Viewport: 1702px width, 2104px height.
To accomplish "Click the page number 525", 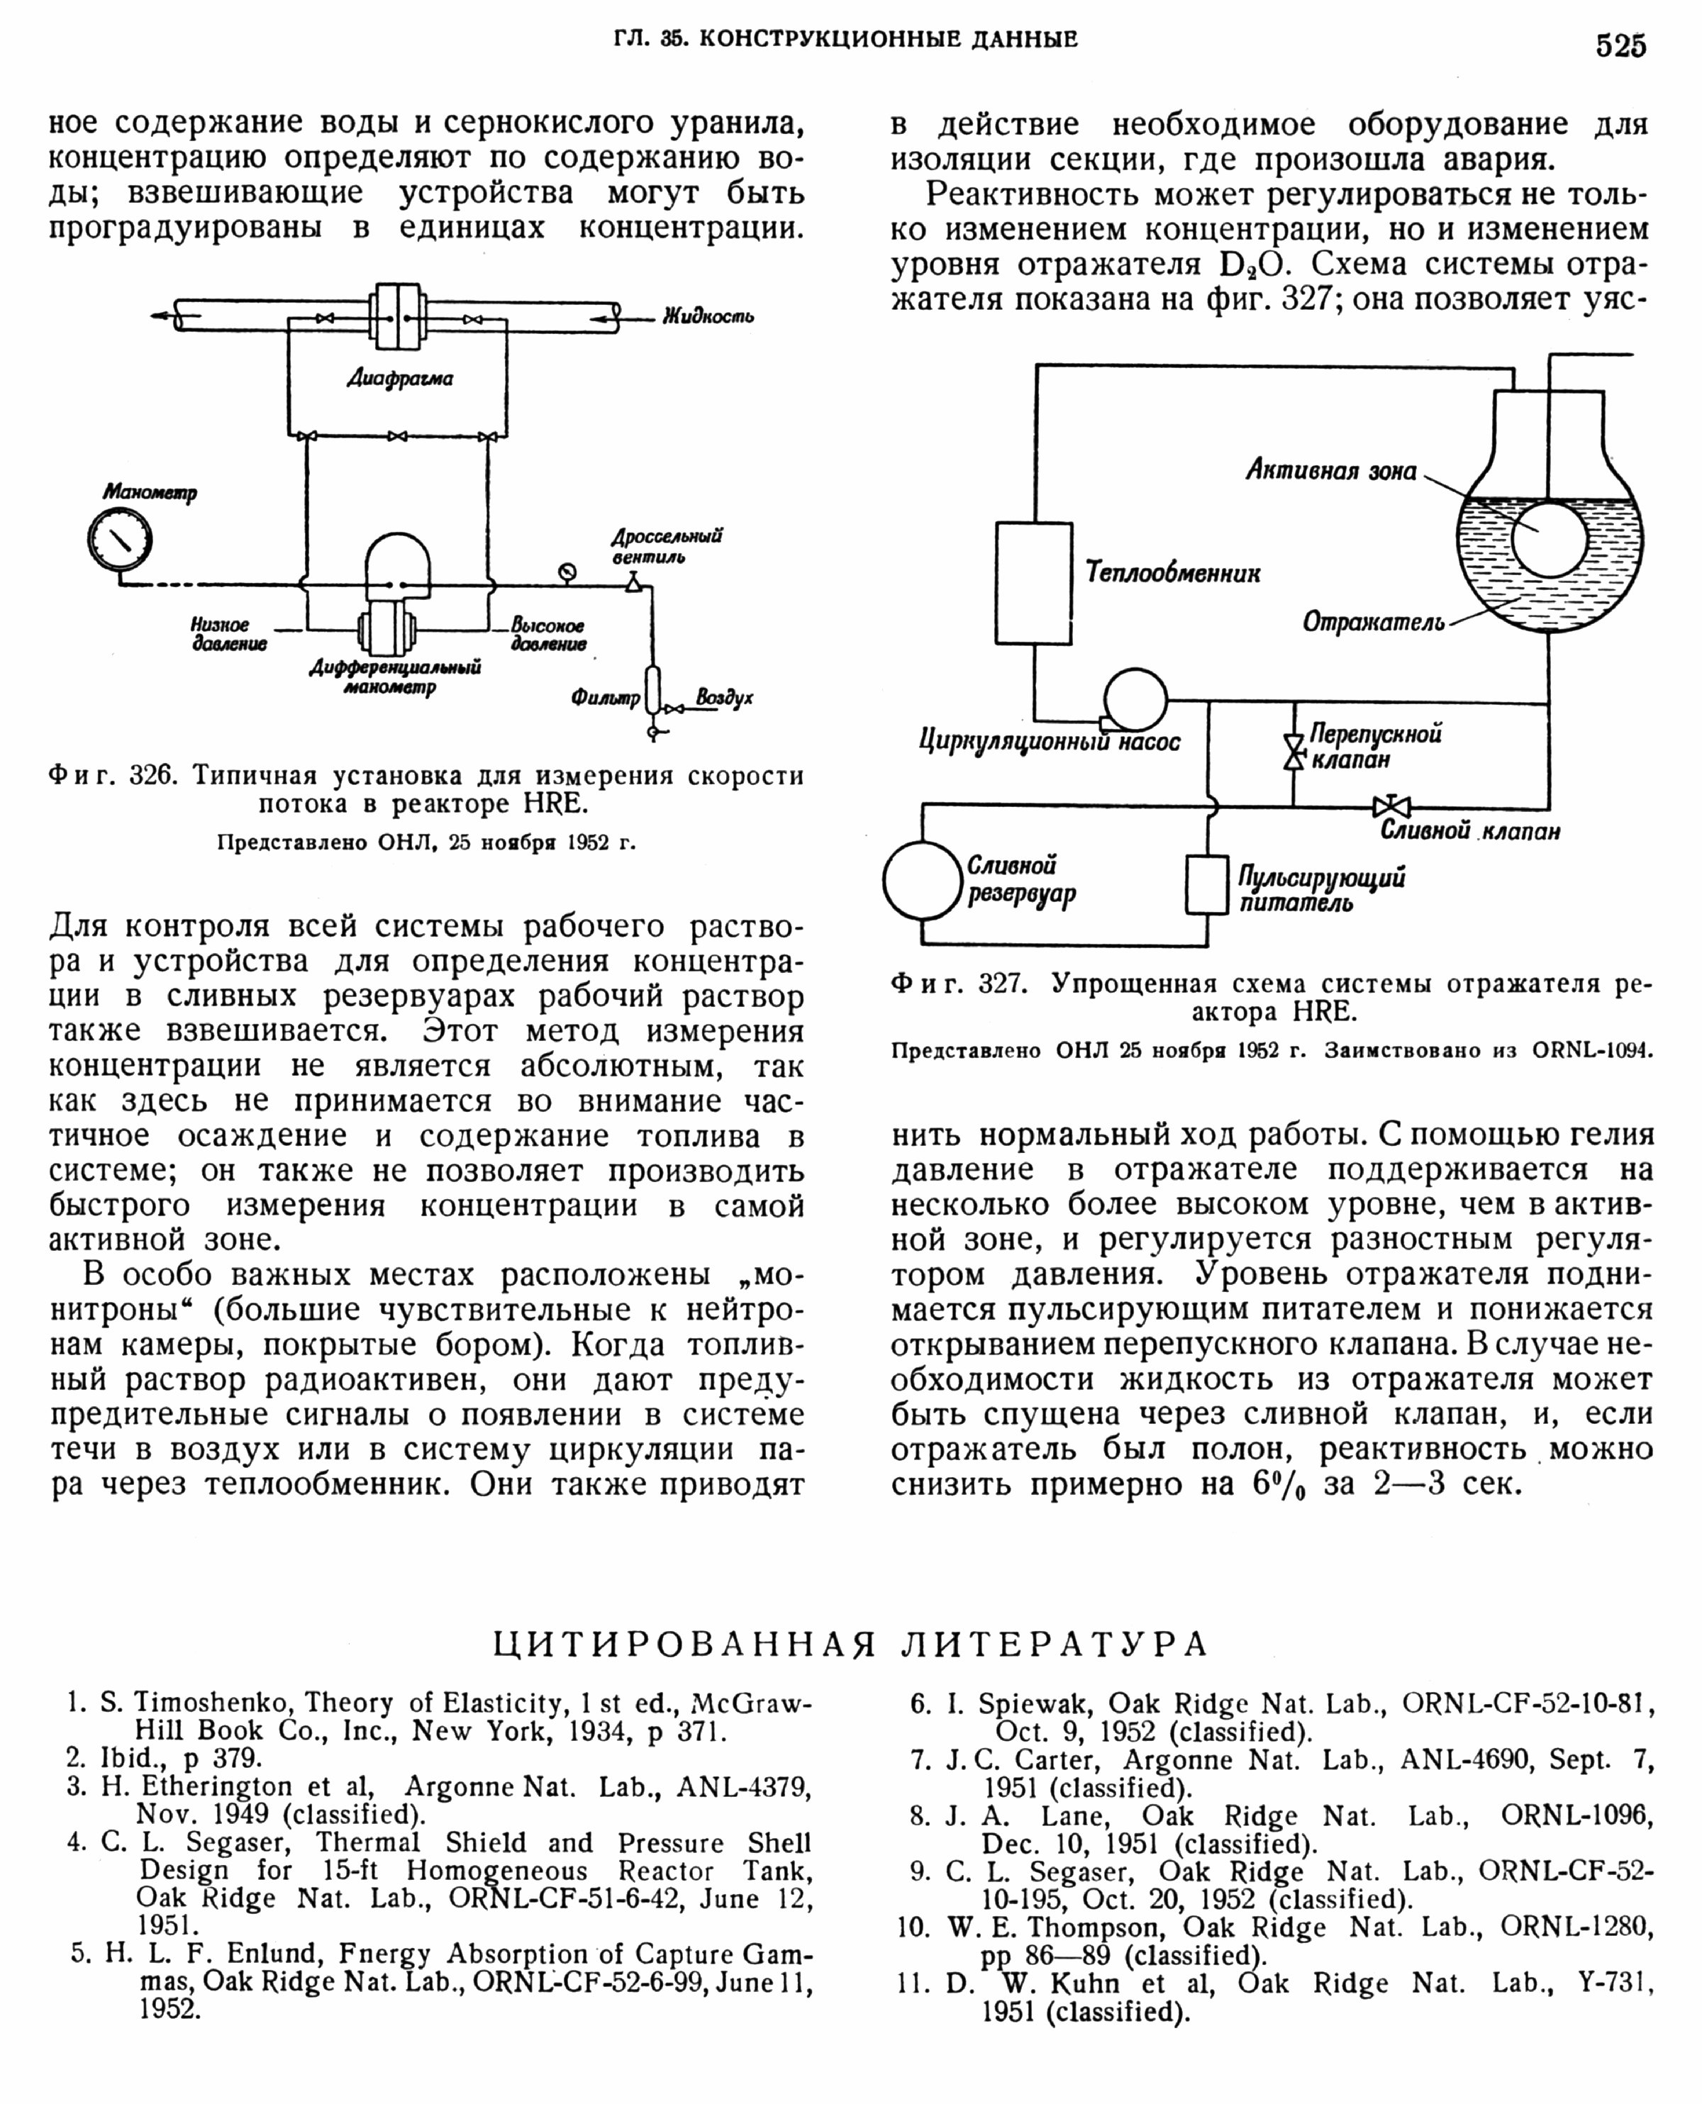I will (x=1620, y=46).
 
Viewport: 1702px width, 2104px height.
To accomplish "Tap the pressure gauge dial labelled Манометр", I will (x=120, y=538).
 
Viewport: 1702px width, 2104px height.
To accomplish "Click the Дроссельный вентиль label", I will (x=667, y=546).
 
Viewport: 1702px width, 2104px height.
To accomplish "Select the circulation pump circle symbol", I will (x=1135, y=700).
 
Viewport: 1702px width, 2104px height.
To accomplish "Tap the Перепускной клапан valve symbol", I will (x=1294, y=752).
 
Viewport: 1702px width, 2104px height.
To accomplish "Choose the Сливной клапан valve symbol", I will (x=1391, y=807).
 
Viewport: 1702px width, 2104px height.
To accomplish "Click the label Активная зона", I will (x=1330, y=471).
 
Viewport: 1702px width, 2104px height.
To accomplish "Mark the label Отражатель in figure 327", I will (x=1372, y=622).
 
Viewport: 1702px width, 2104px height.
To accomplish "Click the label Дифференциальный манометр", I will (x=395, y=677).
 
